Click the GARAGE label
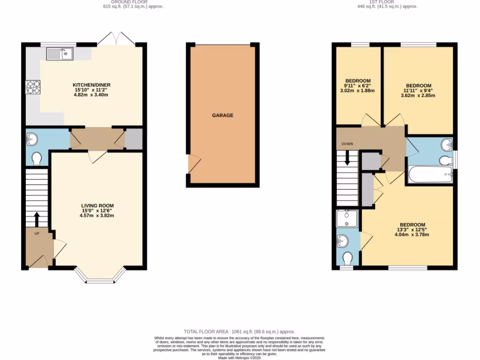coord(223,115)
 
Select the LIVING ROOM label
coord(97,206)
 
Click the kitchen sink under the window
coord(59,54)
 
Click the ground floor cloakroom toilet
coord(36,159)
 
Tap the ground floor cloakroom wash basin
coord(32,139)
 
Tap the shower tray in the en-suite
coord(347,219)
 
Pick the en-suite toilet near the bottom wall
coord(348,259)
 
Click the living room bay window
coord(100,278)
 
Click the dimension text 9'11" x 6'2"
coord(358,85)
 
